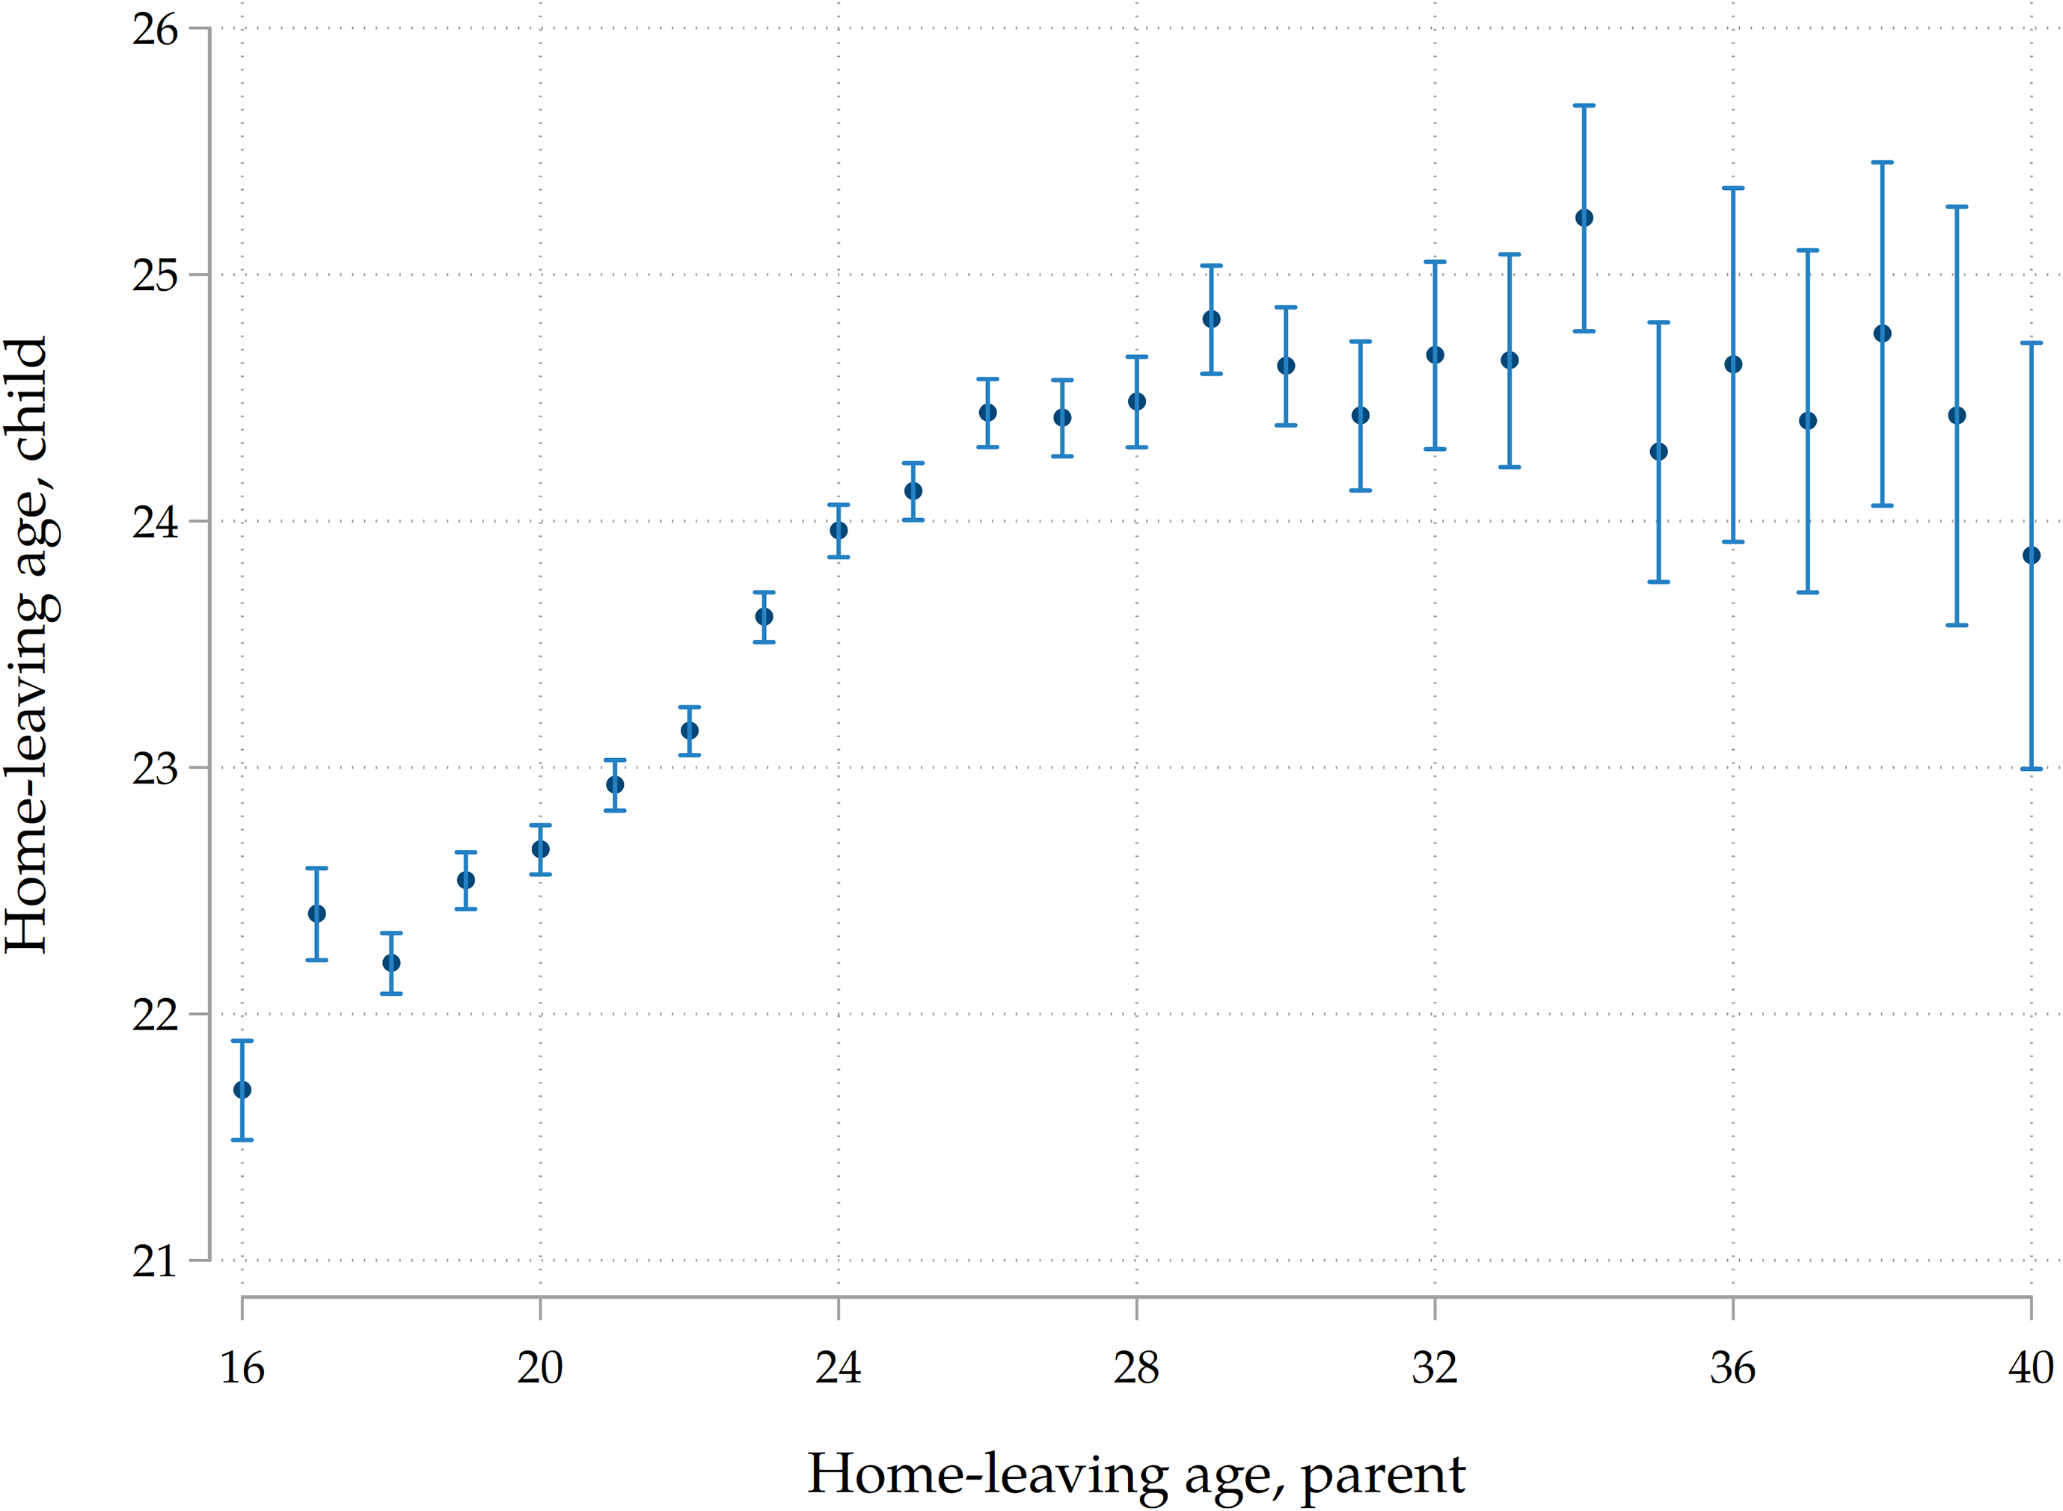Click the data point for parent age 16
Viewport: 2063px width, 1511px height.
click(242, 1089)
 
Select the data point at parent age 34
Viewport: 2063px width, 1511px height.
click(1584, 218)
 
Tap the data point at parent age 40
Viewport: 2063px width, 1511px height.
click(2031, 556)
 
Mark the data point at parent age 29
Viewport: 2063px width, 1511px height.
click(1211, 319)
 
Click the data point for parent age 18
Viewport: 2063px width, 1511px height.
click(391, 963)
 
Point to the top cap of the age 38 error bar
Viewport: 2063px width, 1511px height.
click(1882, 163)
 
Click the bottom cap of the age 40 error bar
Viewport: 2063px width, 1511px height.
click(2031, 769)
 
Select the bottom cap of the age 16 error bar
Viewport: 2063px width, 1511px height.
click(242, 1139)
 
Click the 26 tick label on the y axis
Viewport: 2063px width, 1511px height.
click(155, 30)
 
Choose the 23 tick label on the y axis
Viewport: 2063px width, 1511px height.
click(155, 769)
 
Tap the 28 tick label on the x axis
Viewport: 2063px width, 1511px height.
click(1136, 1369)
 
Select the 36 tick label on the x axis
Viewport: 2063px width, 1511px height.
click(1732, 1369)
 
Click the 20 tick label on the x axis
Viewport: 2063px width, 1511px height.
click(540, 1369)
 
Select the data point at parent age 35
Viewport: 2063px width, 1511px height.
click(1658, 452)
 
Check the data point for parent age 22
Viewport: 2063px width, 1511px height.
click(690, 730)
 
